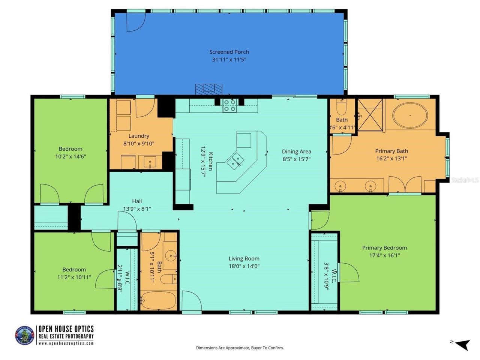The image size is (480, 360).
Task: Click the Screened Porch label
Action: tap(229, 52)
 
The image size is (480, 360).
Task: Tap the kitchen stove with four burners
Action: tap(229, 106)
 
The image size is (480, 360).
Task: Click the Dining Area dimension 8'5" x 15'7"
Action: tap(296, 159)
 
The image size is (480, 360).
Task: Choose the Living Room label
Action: tap(244, 258)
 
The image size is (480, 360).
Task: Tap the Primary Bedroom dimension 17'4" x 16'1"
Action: tap(384, 255)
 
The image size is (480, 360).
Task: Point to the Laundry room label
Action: tap(139, 136)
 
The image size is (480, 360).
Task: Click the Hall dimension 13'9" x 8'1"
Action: tap(137, 209)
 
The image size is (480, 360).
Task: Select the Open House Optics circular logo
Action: tap(24, 335)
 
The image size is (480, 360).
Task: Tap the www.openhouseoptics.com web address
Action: tap(66, 343)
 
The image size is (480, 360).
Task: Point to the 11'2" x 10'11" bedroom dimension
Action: tap(74, 277)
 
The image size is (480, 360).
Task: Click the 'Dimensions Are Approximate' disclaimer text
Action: tap(240, 348)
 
